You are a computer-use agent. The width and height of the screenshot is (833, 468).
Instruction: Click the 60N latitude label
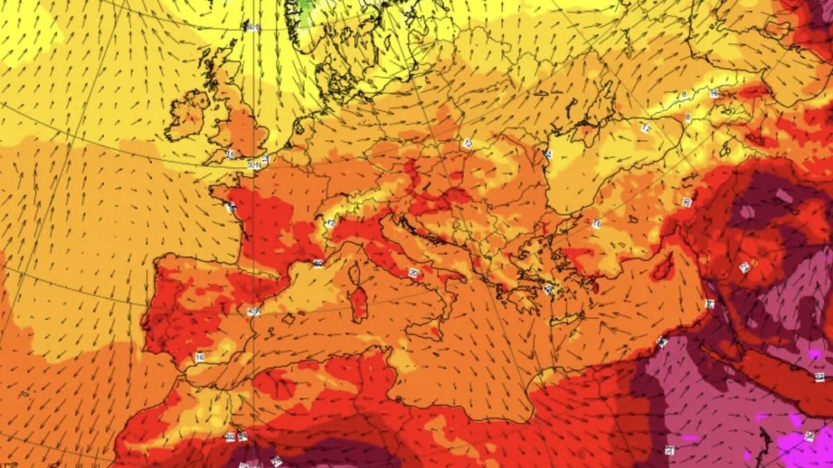(x=253, y=28)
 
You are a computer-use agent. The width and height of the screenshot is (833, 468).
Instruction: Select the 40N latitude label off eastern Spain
(x=254, y=312)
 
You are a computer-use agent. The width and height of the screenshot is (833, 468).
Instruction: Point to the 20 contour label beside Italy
(x=414, y=272)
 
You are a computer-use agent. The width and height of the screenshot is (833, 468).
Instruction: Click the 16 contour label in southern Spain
(x=200, y=357)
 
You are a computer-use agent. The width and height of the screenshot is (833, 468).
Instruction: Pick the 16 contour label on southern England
(x=230, y=154)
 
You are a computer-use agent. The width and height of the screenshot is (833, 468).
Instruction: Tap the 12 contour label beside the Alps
(x=330, y=223)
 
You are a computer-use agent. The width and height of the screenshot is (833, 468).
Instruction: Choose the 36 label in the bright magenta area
(x=809, y=435)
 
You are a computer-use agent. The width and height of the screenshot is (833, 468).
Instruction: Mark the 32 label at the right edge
(x=820, y=376)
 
